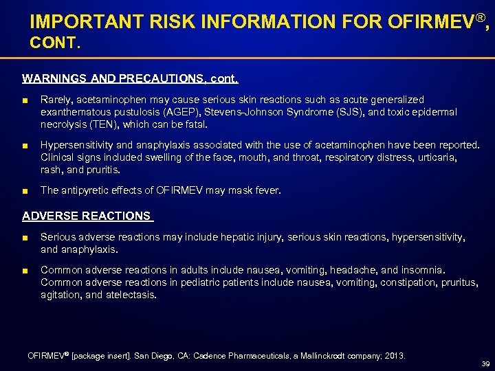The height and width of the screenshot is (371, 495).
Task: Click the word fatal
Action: [x=195, y=124]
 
